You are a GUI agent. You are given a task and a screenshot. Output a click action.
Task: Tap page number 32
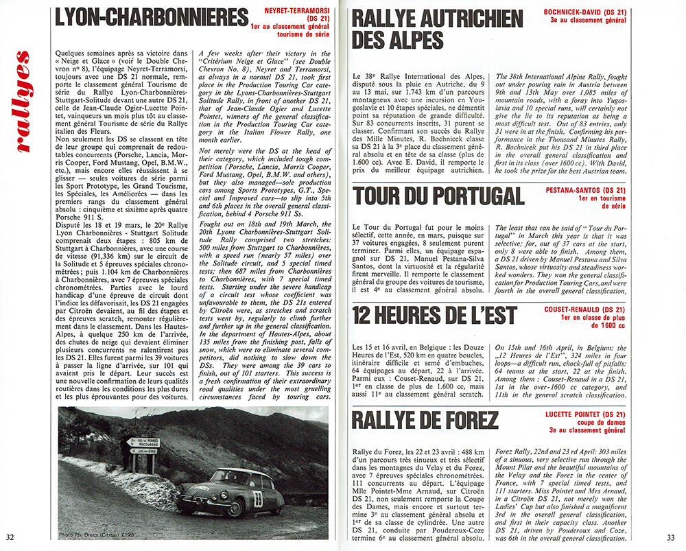pyautogui.click(x=10, y=537)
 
